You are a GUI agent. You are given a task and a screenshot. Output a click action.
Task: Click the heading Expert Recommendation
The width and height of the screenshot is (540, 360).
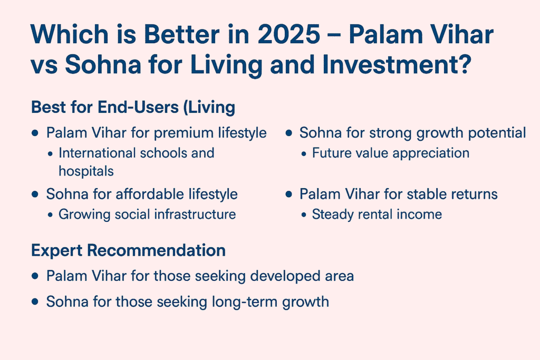pyautogui.click(x=128, y=250)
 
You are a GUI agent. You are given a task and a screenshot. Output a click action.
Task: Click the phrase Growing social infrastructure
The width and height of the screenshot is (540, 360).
pyautogui.click(x=147, y=214)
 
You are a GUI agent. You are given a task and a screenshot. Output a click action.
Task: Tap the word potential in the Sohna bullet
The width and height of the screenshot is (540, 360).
pyautogui.click(x=496, y=133)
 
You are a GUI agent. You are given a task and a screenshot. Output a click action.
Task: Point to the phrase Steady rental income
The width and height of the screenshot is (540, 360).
pyautogui.click(x=377, y=214)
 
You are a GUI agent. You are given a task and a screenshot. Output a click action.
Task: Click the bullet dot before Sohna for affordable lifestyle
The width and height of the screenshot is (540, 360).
pyautogui.click(x=35, y=194)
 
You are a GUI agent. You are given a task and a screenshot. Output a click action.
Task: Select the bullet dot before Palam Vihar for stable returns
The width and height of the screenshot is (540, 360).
pyautogui.click(x=288, y=194)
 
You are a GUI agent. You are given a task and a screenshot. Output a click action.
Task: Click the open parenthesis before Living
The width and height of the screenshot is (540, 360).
pyautogui.click(x=191, y=107)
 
